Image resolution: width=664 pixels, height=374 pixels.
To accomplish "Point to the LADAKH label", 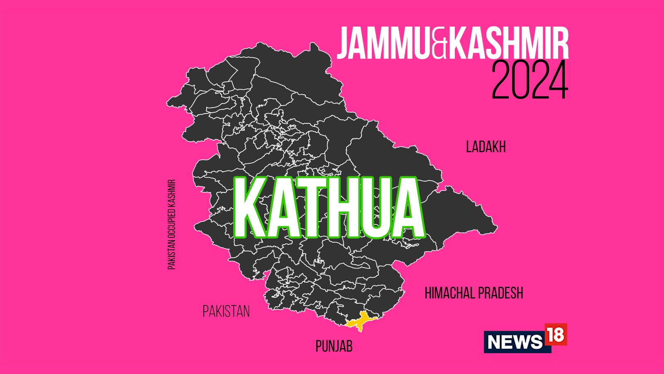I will [486, 147].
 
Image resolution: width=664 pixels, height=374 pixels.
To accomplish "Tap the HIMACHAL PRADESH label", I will [474, 293].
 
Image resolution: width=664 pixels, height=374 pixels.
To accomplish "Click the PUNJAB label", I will [334, 346].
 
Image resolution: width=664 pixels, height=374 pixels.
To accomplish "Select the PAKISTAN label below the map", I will [226, 311].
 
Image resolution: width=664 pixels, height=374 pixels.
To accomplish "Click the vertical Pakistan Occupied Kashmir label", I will [172, 224].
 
